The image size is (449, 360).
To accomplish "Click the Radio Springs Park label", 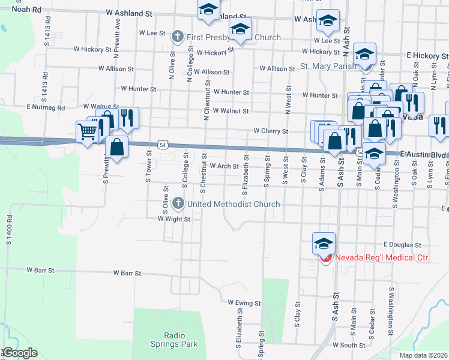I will tap(173, 340).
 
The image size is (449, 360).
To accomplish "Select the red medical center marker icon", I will tap(325, 258).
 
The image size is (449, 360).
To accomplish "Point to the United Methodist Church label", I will tap(234, 204).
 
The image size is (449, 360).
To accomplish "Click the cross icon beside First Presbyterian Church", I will tap(177, 37).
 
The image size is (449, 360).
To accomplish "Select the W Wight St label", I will tap(174, 219).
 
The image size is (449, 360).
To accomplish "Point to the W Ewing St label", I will tap(244, 304).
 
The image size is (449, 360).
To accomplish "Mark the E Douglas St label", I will tap(403, 245).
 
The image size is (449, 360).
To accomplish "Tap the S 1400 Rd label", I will tap(9, 230).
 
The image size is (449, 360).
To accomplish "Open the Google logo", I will tap(19, 353).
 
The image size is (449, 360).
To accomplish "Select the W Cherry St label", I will tap(271, 130).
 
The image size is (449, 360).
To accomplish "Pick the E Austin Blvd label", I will tap(424, 155).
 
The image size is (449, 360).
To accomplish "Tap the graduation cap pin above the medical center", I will tap(323, 243).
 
